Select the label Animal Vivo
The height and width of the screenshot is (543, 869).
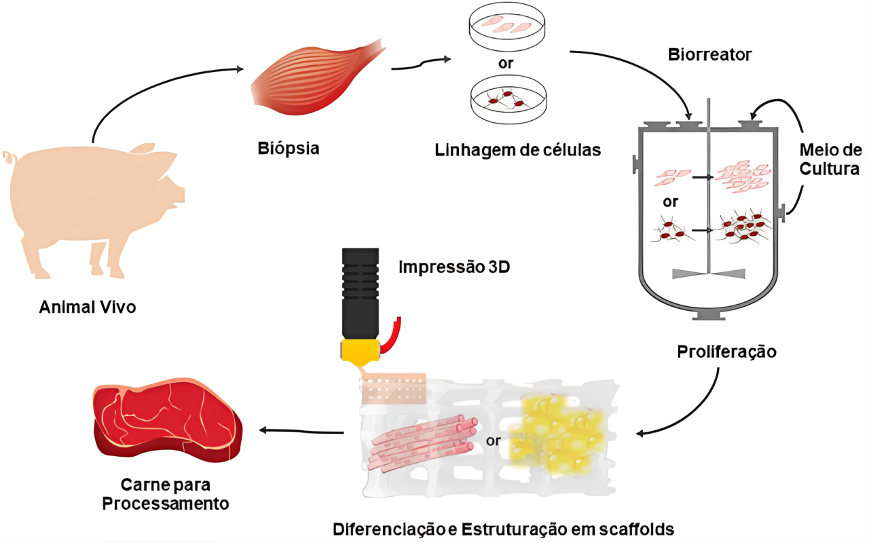pyautogui.click(x=88, y=307)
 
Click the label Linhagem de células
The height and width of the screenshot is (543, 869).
pyautogui.click(x=518, y=149)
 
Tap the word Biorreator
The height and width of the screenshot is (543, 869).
pyautogui.click(x=709, y=55)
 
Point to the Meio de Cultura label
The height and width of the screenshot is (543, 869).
pyautogui.click(x=830, y=159)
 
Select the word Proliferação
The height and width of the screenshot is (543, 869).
pyautogui.click(x=726, y=352)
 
